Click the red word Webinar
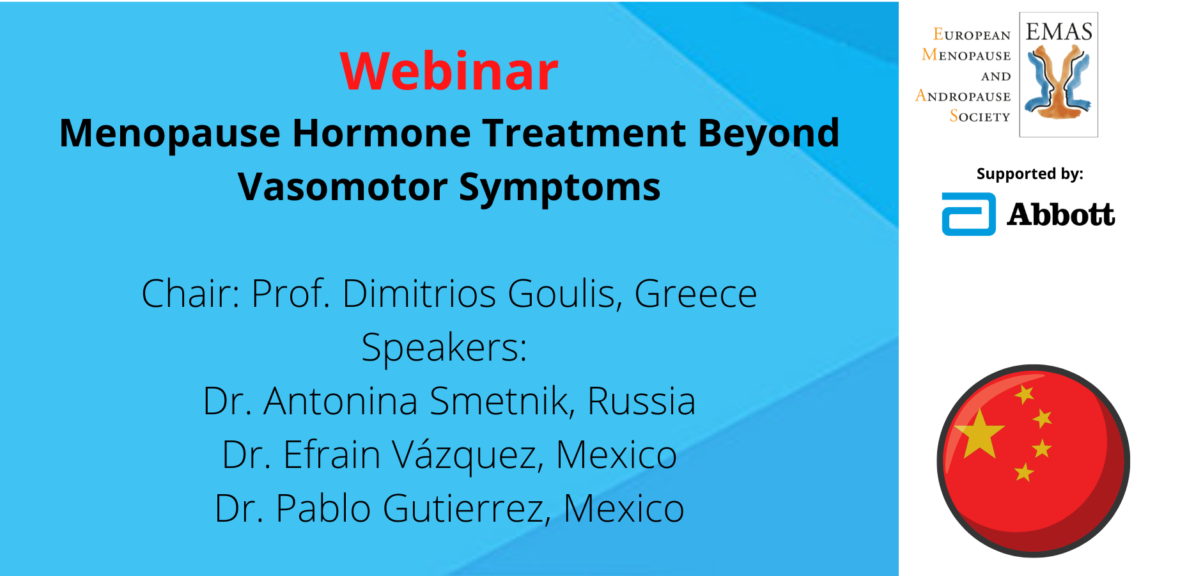(449, 71)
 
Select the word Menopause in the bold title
(170, 134)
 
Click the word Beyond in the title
(768, 134)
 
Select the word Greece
(695, 294)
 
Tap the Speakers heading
(444, 348)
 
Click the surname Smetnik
(502, 401)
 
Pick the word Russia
(641, 401)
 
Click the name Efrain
(332, 455)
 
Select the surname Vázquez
(468, 455)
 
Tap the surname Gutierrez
(467, 509)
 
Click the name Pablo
(323, 509)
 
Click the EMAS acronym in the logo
(1059, 32)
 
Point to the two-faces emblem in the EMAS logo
(1058, 83)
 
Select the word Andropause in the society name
(963, 96)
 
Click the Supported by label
(1030, 174)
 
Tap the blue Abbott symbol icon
(968, 214)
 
